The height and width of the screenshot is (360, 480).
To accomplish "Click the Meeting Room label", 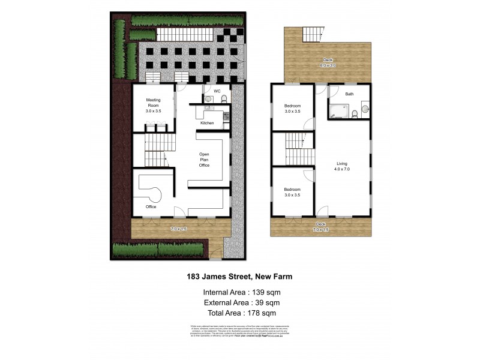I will click(x=153, y=105).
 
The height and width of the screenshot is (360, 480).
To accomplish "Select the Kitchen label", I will click(x=207, y=123).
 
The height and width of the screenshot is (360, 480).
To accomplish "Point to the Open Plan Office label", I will click(x=204, y=160).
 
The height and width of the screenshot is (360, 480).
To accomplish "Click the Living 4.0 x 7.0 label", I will click(x=342, y=166).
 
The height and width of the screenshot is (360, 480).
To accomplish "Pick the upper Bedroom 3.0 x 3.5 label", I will click(x=292, y=109).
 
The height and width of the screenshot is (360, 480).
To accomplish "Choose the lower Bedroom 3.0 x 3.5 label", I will click(x=292, y=192).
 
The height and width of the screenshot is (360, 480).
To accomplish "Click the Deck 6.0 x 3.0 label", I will click(x=328, y=62).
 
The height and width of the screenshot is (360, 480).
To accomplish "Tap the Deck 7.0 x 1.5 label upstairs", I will click(x=321, y=227).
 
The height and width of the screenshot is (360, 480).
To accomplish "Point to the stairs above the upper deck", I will click(x=313, y=34).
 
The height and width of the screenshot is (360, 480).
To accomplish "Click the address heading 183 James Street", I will click(x=239, y=277).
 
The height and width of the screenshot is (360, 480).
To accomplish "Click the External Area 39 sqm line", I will click(x=240, y=302).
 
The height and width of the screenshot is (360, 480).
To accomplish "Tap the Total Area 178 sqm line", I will click(x=240, y=313).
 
